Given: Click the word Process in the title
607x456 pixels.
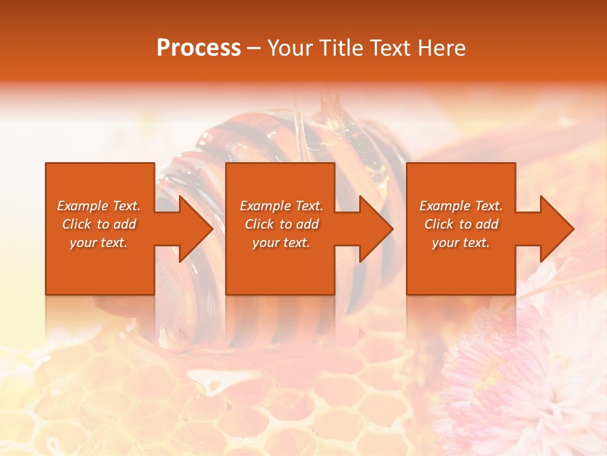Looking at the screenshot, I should (199, 48).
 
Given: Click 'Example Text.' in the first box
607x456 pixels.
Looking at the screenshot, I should (99, 206).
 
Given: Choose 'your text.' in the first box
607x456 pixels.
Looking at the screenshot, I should (99, 243).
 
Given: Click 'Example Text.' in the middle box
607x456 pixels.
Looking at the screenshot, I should (281, 206).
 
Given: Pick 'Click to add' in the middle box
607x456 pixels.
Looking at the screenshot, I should (281, 224).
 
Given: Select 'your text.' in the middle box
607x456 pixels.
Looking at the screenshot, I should (281, 243).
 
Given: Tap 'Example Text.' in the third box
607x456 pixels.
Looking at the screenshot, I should (461, 206).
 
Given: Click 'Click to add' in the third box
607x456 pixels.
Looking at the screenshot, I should (461, 224).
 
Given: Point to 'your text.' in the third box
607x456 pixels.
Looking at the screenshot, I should (461, 243).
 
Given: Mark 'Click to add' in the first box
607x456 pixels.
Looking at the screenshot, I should (99, 224).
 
